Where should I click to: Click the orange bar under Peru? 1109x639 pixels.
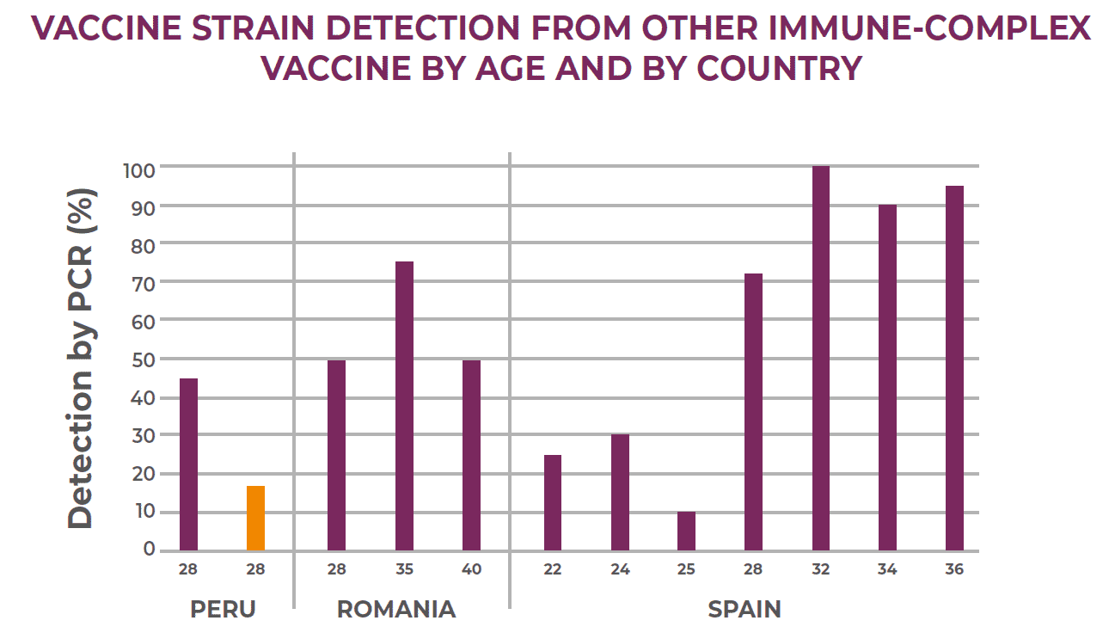click(x=255, y=519)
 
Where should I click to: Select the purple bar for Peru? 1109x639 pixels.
click(x=188, y=464)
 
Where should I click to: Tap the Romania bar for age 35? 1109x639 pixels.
click(x=404, y=406)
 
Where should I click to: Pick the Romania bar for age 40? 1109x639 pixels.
click(x=471, y=455)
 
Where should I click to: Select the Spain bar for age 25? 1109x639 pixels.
click(x=686, y=531)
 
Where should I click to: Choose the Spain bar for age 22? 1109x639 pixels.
click(x=553, y=502)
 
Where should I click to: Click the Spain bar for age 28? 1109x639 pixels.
click(x=753, y=412)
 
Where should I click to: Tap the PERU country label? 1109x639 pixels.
click(x=223, y=610)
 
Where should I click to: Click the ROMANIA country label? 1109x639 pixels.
click(x=395, y=610)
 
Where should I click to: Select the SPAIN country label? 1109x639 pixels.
click(x=744, y=610)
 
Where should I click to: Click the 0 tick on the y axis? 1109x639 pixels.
click(x=149, y=550)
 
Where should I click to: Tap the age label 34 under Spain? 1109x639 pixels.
click(x=887, y=570)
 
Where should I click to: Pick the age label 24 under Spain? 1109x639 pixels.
click(x=620, y=570)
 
